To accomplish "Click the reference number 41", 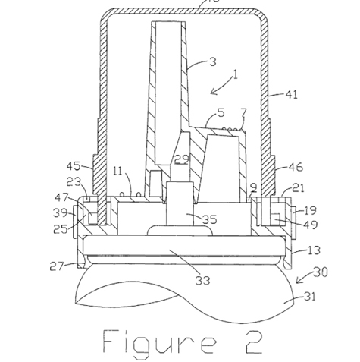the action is (x=292, y=95).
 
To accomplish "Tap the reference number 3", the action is (x=213, y=62).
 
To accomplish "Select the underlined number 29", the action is (x=182, y=159).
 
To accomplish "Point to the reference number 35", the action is (x=210, y=219).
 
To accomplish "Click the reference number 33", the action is (x=203, y=280).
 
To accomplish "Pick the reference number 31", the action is (x=310, y=297).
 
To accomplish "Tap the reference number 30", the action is (x=321, y=272).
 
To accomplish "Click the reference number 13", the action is (x=315, y=250).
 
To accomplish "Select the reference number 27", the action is (x=56, y=266).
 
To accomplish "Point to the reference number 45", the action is (x=74, y=166).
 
